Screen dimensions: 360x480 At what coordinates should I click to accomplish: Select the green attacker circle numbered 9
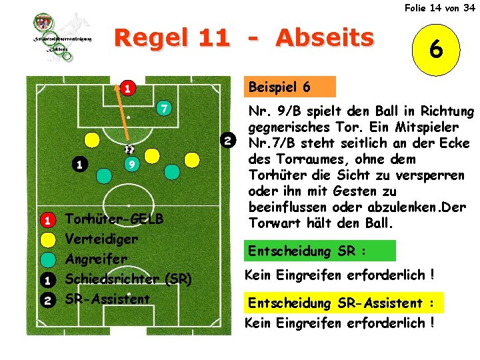(x=133, y=164)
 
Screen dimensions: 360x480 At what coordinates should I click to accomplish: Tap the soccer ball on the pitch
(x=129, y=150)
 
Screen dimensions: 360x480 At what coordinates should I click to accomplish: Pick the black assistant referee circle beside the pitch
(x=228, y=141)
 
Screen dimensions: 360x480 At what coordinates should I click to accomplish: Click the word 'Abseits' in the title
(x=325, y=38)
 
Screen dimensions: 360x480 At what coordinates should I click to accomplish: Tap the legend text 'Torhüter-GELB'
(x=113, y=219)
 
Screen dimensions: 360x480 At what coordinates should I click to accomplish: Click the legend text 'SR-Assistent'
(x=107, y=299)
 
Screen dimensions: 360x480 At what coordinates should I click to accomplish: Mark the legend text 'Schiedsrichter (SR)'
(x=129, y=279)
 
